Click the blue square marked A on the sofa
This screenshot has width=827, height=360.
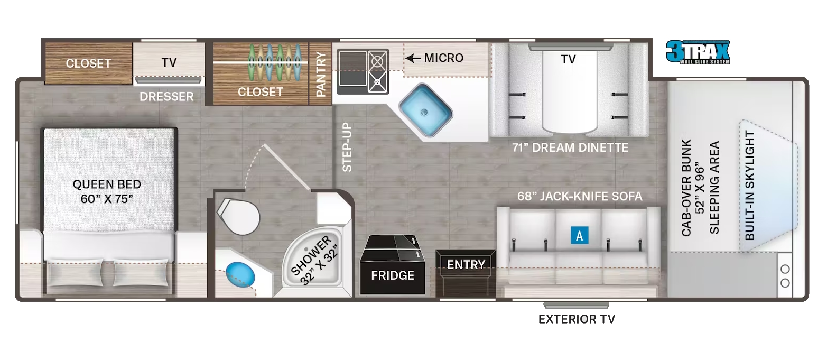[579, 235]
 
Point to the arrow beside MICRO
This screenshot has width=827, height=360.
[413, 58]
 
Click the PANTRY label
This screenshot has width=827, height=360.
[320, 74]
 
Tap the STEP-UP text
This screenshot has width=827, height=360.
[347, 147]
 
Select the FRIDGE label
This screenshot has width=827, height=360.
[393, 275]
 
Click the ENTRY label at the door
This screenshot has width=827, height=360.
[466, 265]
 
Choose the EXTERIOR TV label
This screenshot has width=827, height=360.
[577, 319]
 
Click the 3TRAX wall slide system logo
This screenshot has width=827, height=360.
[698, 52]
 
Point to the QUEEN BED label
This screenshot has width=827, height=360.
[107, 184]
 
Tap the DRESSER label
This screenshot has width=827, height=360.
[166, 97]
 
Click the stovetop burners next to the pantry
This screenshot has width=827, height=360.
[378, 71]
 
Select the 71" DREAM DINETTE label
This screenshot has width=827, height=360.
[570, 147]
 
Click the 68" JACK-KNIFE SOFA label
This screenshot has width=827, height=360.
[580, 196]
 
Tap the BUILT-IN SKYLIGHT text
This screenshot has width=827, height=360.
[750, 186]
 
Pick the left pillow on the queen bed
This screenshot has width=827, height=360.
[76, 272]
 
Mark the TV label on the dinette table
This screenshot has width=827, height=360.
[568, 59]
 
